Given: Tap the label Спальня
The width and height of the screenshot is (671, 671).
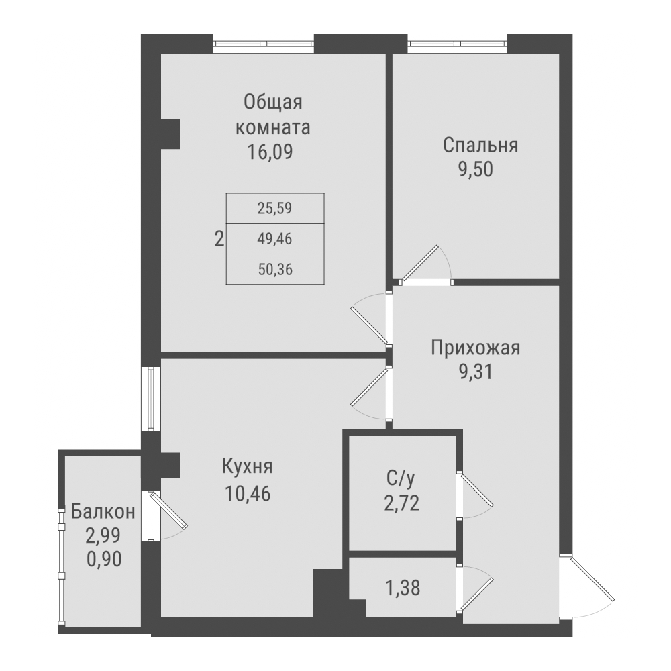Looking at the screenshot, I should [480, 146].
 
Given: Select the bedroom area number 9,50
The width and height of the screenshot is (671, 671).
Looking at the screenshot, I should [476, 170].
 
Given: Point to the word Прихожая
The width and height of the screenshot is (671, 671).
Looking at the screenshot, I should [476, 348].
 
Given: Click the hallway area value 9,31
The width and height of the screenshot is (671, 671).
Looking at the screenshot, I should [476, 372].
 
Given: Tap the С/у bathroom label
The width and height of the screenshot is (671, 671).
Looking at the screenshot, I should [402, 478].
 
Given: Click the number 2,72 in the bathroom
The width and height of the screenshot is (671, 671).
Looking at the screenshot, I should [402, 503].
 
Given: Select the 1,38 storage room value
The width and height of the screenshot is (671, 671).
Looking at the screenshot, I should [404, 590].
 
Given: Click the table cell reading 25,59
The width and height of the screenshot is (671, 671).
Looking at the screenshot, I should [275, 208].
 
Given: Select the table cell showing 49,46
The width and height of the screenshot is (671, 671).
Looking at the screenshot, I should [275, 238].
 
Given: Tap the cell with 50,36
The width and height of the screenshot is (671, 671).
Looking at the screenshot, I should [275, 270].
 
